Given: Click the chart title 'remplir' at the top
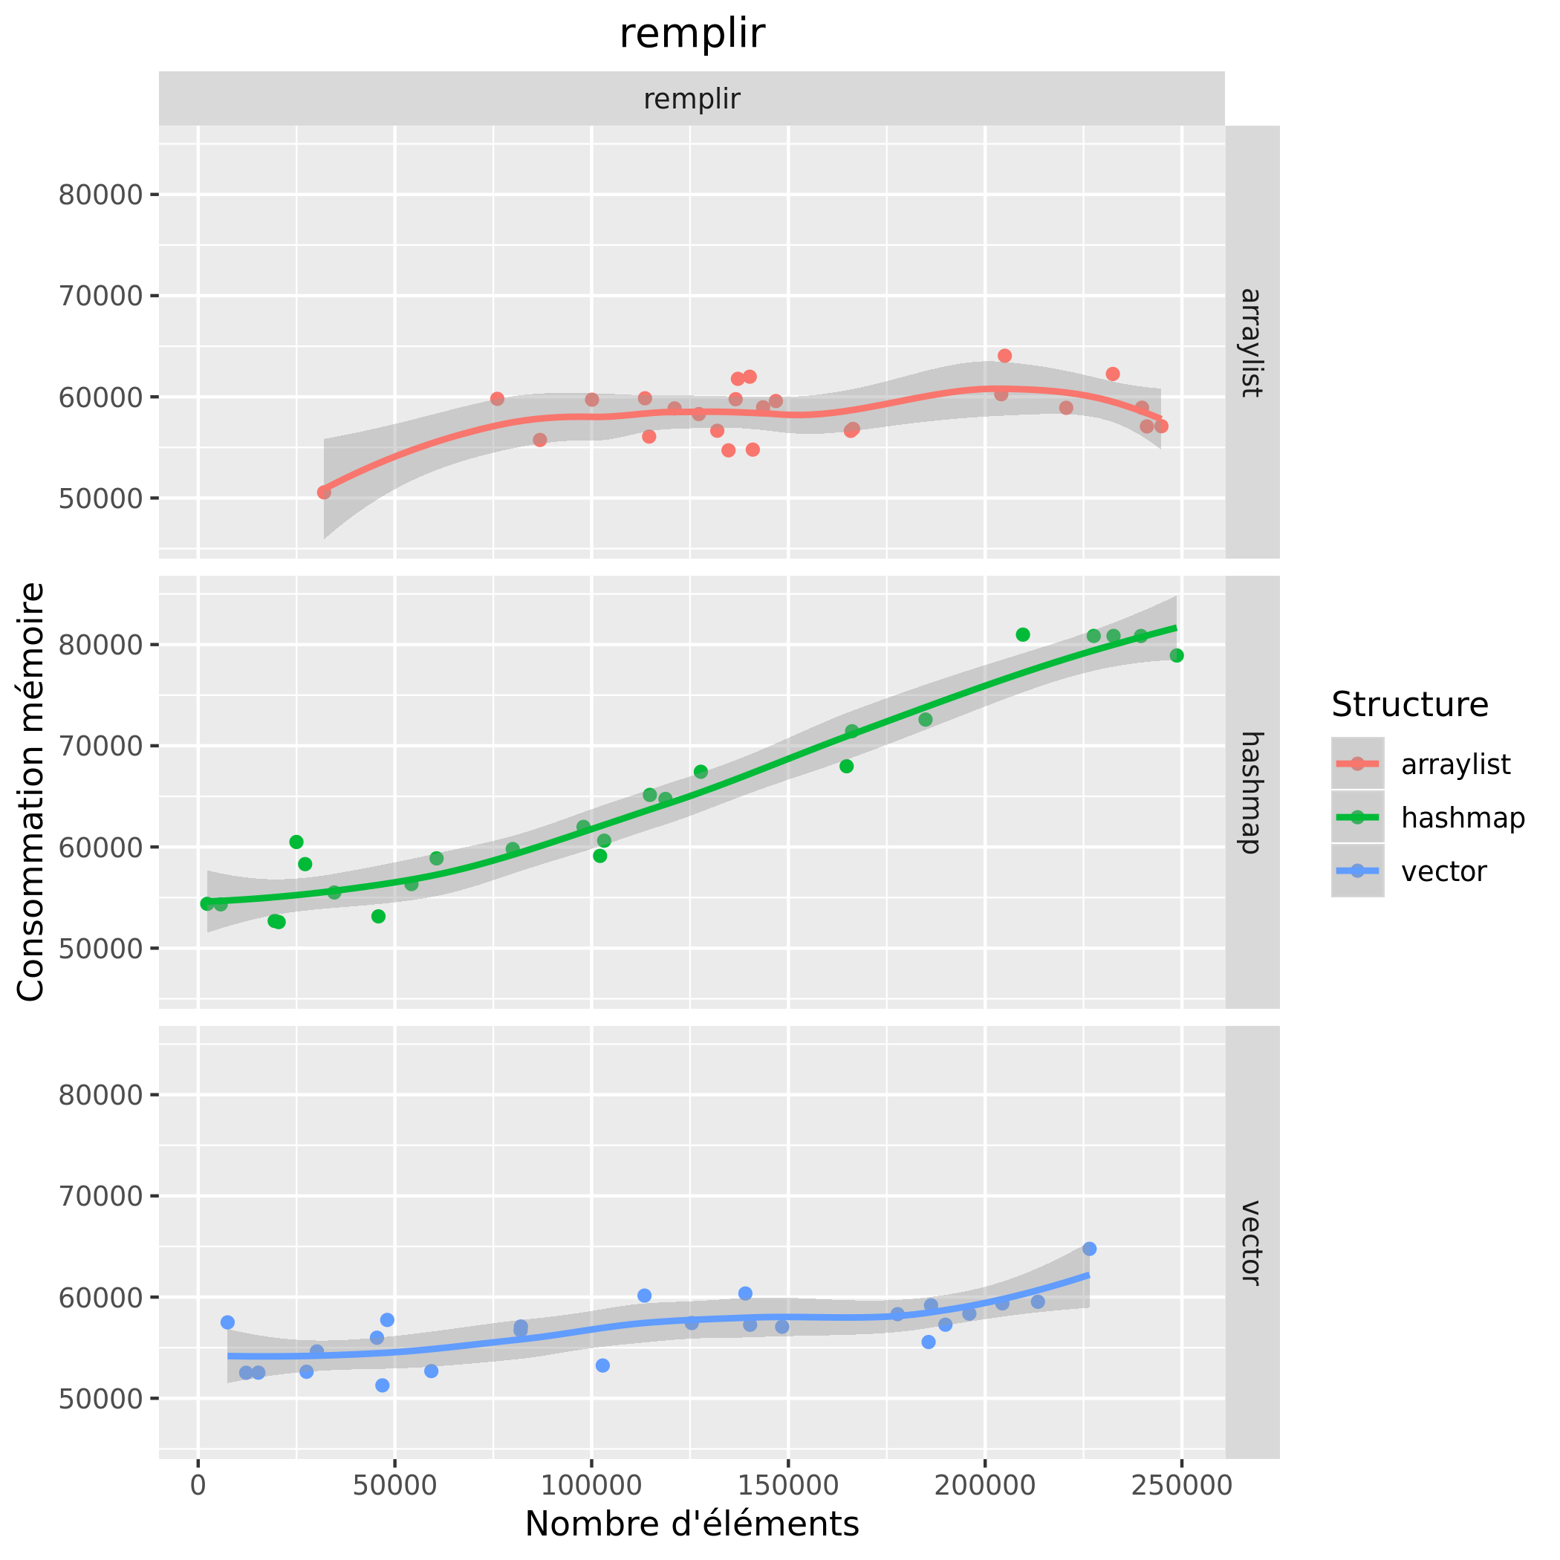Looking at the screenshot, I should click(x=691, y=34).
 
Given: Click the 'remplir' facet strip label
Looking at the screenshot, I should click(x=691, y=100).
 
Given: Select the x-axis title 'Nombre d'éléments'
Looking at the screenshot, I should click(x=691, y=1524).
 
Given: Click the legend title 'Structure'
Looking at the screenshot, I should click(x=1410, y=705).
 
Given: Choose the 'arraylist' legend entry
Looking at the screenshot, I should click(x=1455, y=764).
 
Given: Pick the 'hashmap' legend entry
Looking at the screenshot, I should click(x=1462, y=818).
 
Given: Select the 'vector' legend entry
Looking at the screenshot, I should click(x=1443, y=872).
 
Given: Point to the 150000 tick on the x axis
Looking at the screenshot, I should click(x=788, y=1486).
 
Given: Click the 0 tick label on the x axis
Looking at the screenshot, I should click(x=198, y=1486).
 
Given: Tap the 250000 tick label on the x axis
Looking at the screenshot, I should click(x=1181, y=1486).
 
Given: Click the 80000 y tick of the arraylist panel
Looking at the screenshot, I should click(x=100, y=195).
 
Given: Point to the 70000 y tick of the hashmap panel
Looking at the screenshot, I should click(x=100, y=746).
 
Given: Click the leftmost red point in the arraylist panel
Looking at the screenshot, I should click(x=324, y=493).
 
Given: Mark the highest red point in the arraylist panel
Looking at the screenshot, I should click(x=1004, y=356).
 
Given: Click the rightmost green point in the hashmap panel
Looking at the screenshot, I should click(x=1177, y=656).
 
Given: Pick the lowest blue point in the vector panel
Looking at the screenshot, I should click(x=382, y=1385).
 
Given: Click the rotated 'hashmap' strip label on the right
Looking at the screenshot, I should click(x=1251, y=792).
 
